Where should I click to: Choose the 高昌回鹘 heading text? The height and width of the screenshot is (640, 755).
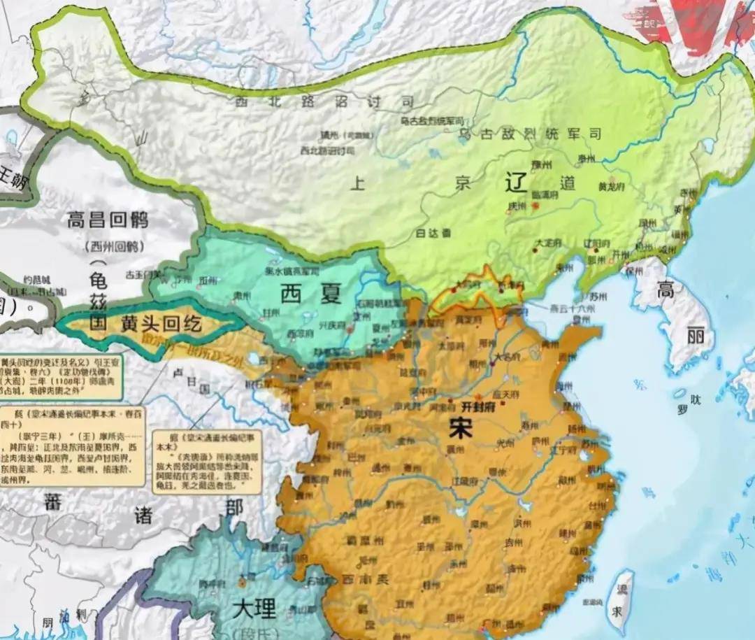point(108,221)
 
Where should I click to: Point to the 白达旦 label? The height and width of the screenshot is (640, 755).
point(434,233)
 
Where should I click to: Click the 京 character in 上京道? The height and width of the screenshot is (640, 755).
point(463,183)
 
